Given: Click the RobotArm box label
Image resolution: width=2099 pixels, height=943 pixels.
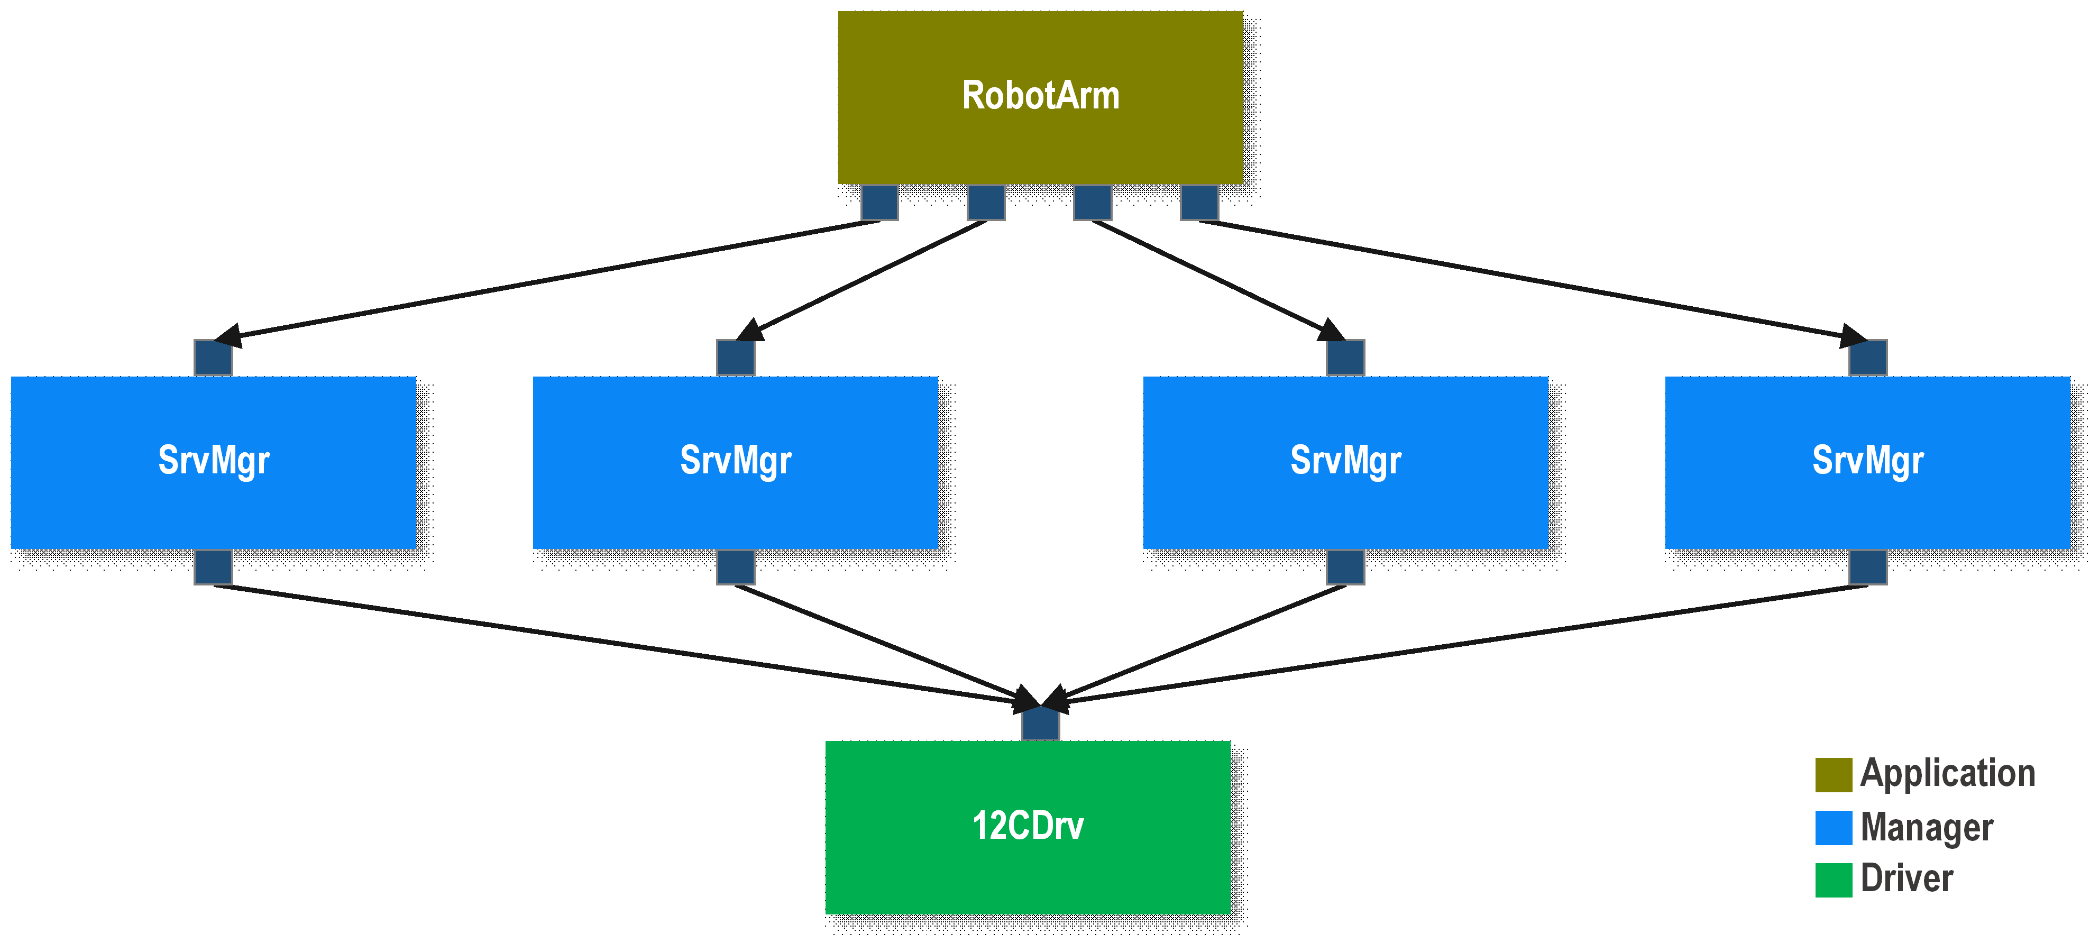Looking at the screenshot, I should [x=1041, y=95].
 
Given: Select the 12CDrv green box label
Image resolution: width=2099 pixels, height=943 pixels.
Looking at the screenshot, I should [x=1028, y=826].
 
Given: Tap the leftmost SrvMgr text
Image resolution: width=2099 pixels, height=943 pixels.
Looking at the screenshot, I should [x=214, y=461].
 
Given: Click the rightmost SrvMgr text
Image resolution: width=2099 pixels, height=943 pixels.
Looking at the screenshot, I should [x=1867, y=461].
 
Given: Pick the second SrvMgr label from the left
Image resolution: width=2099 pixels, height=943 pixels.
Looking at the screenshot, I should [x=735, y=461].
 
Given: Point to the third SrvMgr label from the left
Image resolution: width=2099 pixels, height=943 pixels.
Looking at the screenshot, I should [x=1345, y=461].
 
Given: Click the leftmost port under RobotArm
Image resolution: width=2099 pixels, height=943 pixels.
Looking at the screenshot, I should [x=879, y=202].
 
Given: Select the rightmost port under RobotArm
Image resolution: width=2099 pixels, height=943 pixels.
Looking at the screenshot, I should [x=1199, y=202].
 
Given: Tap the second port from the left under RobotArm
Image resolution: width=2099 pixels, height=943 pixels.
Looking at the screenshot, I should [x=986, y=202].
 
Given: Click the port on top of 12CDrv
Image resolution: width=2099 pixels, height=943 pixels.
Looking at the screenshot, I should [x=1041, y=724].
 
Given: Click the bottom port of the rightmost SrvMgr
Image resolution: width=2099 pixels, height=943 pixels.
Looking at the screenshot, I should [x=1867, y=567].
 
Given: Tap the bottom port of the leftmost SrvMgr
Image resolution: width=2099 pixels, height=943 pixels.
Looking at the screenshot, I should [x=214, y=567].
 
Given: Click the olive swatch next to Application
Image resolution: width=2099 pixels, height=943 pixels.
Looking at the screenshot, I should [x=1834, y=774].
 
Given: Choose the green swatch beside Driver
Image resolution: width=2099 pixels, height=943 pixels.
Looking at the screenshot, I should [x=1834, y=880].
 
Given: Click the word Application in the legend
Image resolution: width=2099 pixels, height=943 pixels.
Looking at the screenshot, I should [x=1947, y=773].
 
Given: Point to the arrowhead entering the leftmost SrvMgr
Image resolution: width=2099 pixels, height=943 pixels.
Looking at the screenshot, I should [x=227, y=335].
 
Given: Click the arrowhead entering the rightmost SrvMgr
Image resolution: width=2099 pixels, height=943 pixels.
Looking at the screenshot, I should [x=1853, y=335].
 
